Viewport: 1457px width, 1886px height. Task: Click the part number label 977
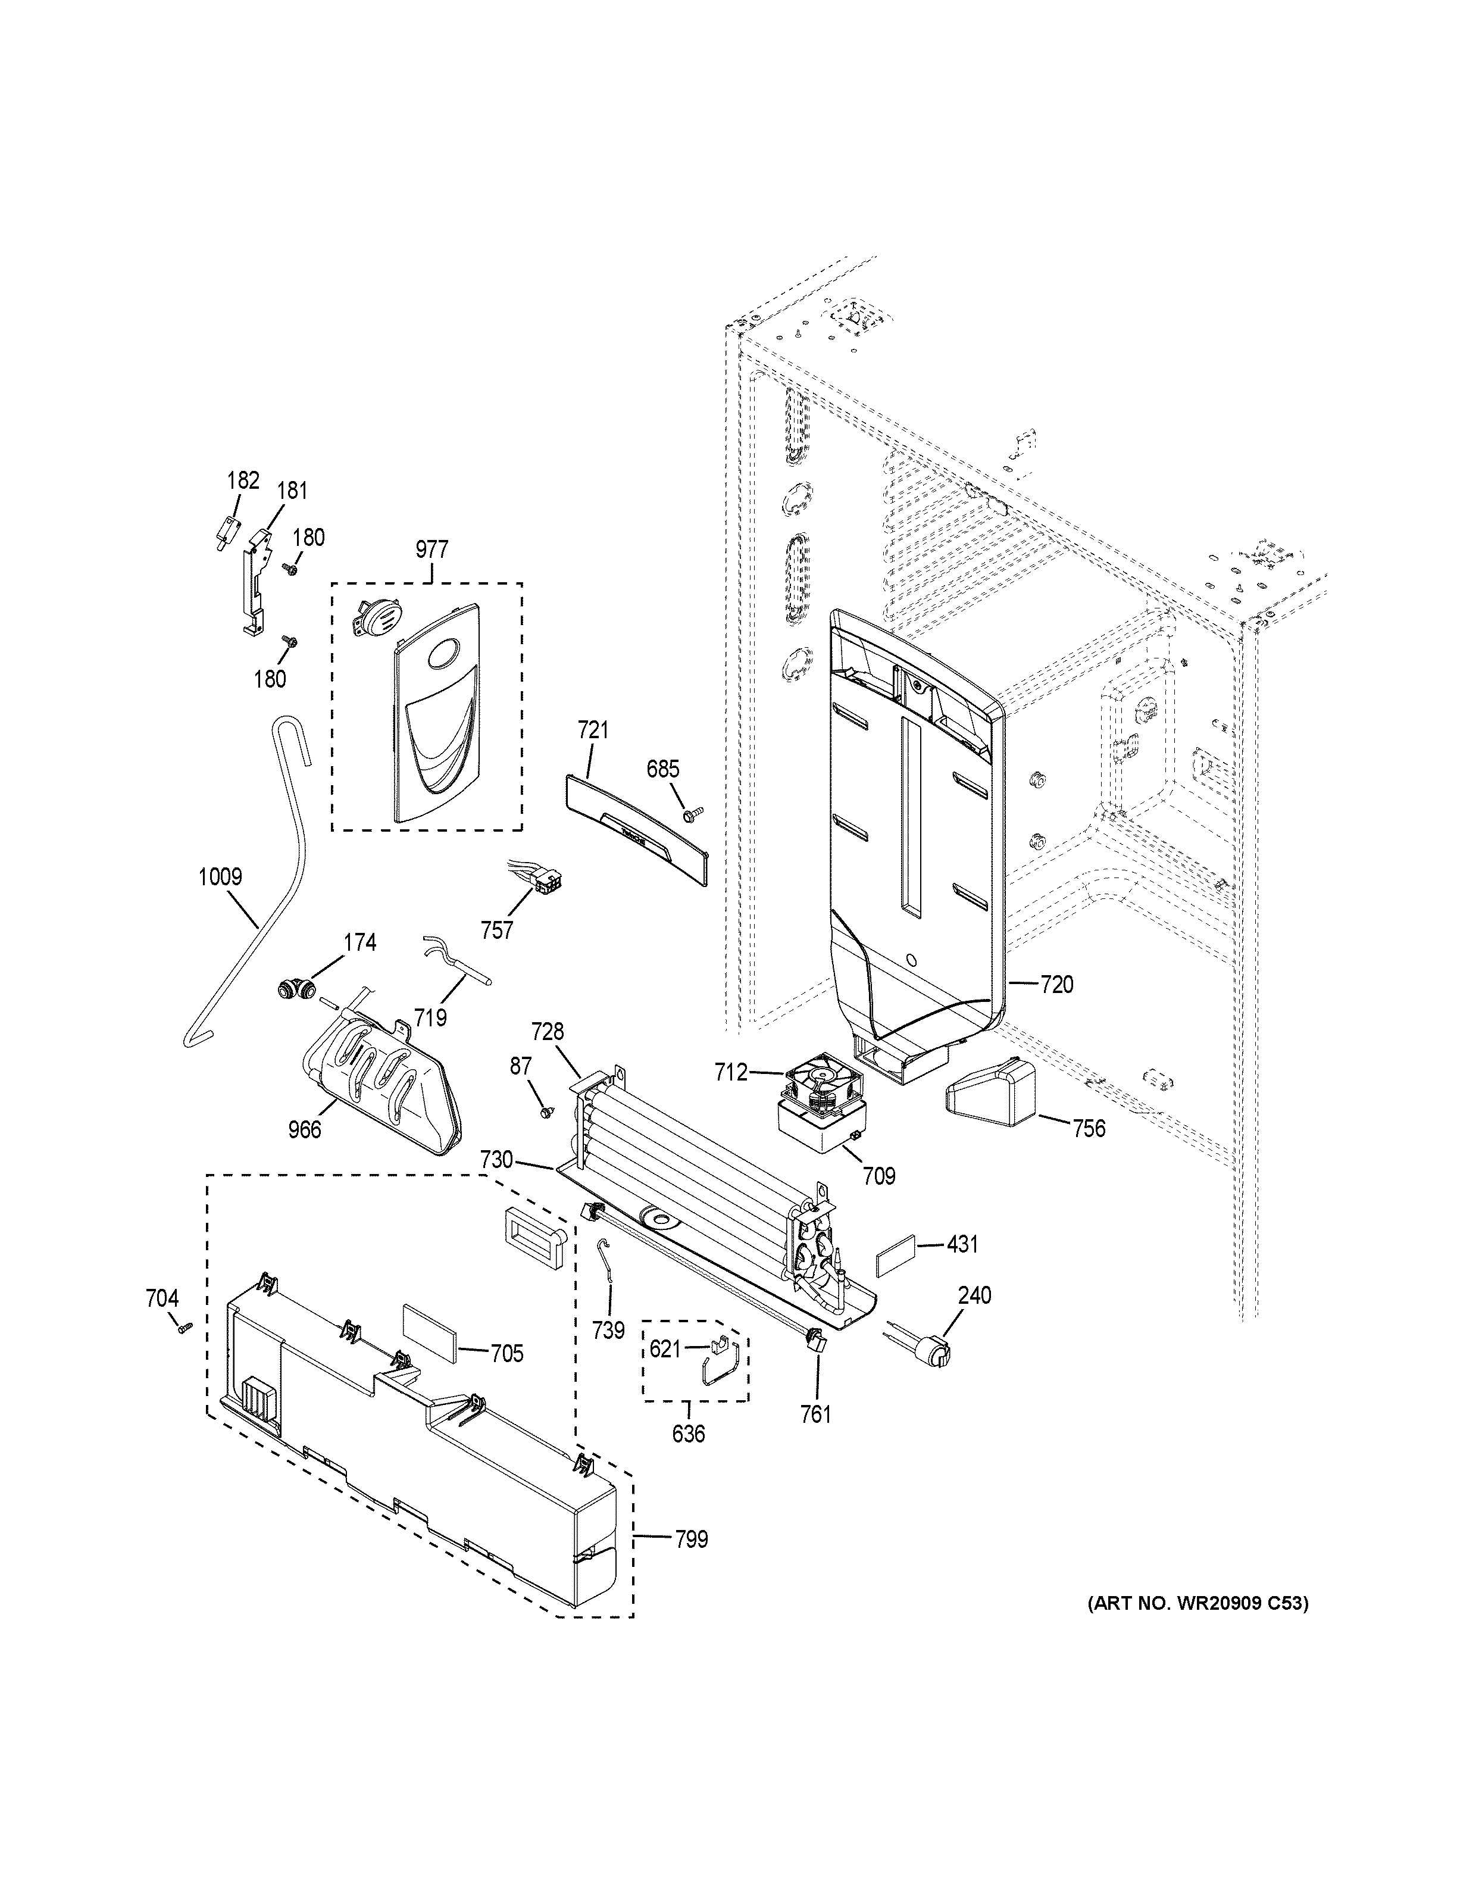coord(432,549)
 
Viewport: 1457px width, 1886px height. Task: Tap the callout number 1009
coord(220,878)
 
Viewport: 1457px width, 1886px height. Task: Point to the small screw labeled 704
coord(183,1329)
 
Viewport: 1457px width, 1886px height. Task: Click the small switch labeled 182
coord(227,529)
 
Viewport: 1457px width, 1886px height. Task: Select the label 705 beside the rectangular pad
coord(506,1353)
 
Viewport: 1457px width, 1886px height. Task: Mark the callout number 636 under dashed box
coord(688,1434)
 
